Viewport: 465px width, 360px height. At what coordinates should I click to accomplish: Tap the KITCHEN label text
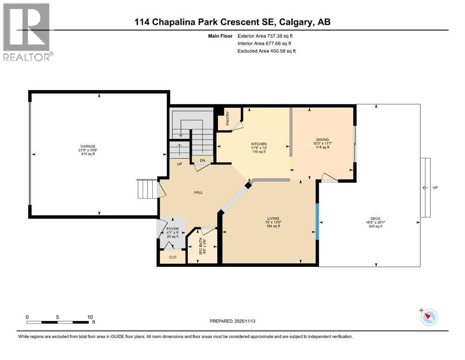pyautogui.click(x=259, y=144)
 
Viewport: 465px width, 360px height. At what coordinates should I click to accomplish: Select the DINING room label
pyautogui.click(x=322, y=139)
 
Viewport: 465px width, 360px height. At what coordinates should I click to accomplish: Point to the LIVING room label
pyautogui.click(x=273, y=218)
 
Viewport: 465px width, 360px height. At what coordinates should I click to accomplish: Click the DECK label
pyautogui.click(x=376, y=218)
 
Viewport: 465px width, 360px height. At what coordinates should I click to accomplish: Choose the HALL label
pyautogui.click(x=198, y=192)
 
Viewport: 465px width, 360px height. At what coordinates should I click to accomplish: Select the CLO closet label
pyautogui.click(x=172, y=257)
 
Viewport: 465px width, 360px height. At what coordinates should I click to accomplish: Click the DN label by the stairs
pyautogui.click(x=202, y=160)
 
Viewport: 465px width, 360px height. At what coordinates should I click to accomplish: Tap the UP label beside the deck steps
pyautogui.click(x=435, y=187)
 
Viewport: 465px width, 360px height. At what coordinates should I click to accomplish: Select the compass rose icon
pyautogui.click(x=428, y=317)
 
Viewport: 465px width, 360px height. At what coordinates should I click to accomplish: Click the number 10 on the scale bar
pyautogui.click(x=90, y=316)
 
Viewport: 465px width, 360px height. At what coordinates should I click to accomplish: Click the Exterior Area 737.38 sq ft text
pyautogui.click(x=266, y=36)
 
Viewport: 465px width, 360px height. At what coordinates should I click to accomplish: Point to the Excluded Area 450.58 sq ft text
pyautogui.click(x=266, y=51)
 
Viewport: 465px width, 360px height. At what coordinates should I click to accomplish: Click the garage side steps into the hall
pyautogui.click(x=147, y=189)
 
